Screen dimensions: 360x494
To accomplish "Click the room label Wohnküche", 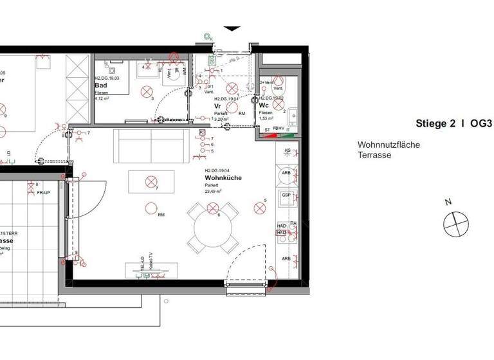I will (x=223, y=177).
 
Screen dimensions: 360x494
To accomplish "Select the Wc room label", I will (x=263, y=105).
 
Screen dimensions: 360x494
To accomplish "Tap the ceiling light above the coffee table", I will (x=151, y=181).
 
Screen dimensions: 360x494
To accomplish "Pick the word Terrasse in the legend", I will (x=374, y=156).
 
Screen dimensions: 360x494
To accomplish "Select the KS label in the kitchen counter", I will (x=287, y=150).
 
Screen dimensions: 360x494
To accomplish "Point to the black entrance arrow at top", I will (x=232, y=29).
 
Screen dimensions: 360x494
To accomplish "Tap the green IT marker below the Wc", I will (x=288, y=129).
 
